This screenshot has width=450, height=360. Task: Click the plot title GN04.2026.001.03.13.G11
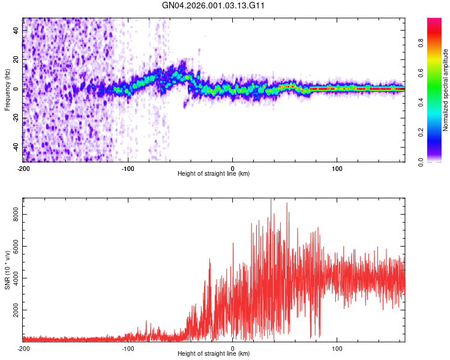click(x=214, y=5)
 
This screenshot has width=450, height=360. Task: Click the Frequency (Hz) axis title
click(x=7, y=90)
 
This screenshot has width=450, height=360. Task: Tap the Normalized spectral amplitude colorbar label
click(x=446, y=90)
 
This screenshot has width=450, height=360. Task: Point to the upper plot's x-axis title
click(x=214, y=173)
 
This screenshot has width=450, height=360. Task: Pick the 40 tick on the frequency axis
click(x=16, y=29)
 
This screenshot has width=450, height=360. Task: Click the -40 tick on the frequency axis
click(x=15, y=147)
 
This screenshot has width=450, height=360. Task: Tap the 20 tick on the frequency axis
click(x=16, y=59)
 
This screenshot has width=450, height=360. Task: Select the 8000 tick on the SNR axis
click(x=12, y=214)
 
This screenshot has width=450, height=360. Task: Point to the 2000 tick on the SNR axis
click(x=12, y=311)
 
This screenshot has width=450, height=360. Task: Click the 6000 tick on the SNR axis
click(x=12, y=246)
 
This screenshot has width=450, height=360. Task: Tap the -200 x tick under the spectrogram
click(x=23, y=168)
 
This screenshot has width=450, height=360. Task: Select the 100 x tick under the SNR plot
click(x=337, y=348)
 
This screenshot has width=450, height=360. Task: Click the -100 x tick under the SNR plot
click(x=128, y=348)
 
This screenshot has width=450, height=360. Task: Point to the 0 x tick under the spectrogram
click(x=233, y=168)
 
